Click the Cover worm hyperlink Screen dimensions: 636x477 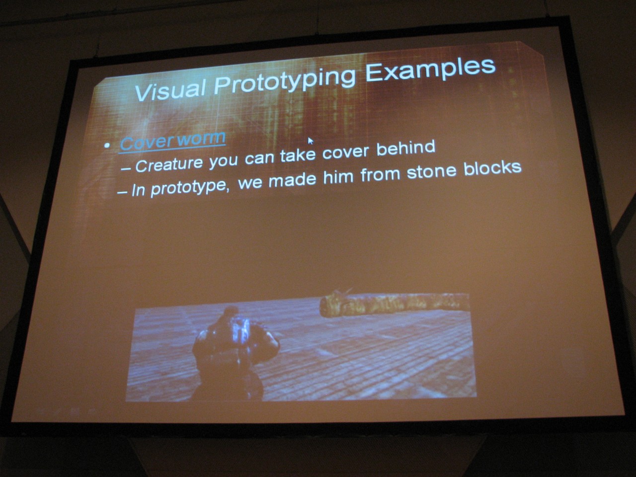[173, 141]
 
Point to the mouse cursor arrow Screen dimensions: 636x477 [311, 141]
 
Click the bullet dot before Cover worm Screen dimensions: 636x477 [107, 145]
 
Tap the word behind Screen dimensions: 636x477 [405, 149]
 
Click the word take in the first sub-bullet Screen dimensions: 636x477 [298, 155]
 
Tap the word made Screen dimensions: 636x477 [292, 179]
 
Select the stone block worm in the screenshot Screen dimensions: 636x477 [394, 304]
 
